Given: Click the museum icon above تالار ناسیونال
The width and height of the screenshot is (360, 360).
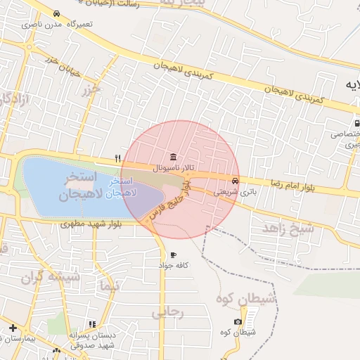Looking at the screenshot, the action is pyautogui.click(x=173, y=156).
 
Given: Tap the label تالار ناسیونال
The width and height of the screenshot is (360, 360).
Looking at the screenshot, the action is pyautogui.click(x=173, y=169).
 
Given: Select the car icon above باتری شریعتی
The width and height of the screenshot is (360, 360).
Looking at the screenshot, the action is pyautogui.click(x=244, y=179).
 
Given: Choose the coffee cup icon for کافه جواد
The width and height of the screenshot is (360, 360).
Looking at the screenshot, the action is pyautogui.click(x=174, y=255).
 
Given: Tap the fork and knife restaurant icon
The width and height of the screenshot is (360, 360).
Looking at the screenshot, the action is pyautogui.click(x=118, y=159).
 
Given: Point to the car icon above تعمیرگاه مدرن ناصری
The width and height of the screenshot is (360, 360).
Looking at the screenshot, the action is pyautogui.click(x=56, y=13).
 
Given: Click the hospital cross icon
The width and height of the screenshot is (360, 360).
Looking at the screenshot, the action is pyautogui.click(x=13, y=328).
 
